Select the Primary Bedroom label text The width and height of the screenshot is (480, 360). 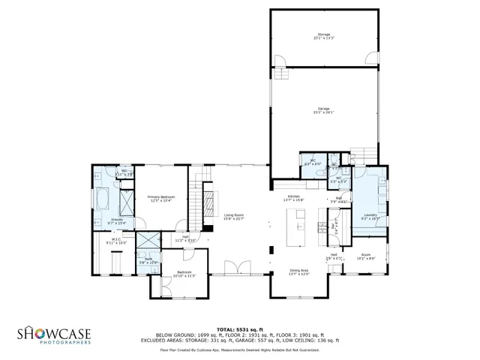click(x=160, y=199)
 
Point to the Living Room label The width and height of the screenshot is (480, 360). click(x=235, y=217)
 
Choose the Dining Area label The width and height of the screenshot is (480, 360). click(x=298, y=272)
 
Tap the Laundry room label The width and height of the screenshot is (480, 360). click(x=370, y=217)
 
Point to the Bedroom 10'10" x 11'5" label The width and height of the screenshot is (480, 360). click(x=184, y=274)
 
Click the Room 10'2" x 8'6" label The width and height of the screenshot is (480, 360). click(x=366, y=256)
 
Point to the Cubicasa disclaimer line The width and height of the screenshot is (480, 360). click(x=239, y=350)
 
